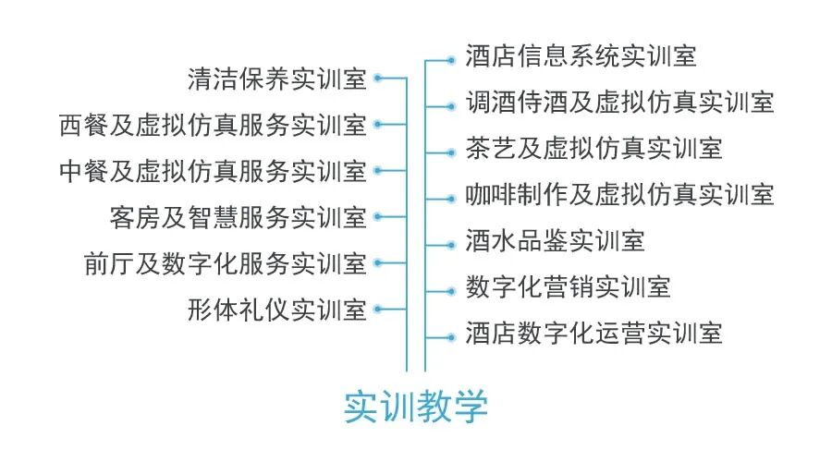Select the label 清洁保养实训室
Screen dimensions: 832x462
coord(276,79)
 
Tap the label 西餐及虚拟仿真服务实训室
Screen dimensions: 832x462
coord(212,125)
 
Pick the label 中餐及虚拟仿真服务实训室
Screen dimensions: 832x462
coord(212,171)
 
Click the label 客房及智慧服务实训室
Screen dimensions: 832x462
coord(238,218)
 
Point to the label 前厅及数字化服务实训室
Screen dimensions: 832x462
coord(225,264)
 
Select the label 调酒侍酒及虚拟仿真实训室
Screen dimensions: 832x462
coord(619,103)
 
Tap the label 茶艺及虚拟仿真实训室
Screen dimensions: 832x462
coord(593,149)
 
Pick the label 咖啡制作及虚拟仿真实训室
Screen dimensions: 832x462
coord(619,195)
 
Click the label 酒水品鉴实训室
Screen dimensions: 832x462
coord(555,242)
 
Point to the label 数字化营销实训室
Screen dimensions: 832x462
coord(568,287)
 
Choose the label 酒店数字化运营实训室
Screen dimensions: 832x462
coord(593,334)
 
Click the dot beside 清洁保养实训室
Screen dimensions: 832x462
coord(379,79)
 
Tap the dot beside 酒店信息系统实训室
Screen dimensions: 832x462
coord(451,60)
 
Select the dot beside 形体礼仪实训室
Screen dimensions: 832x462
coord(379,310)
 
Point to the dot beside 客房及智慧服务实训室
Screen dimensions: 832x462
coord(379,217)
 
